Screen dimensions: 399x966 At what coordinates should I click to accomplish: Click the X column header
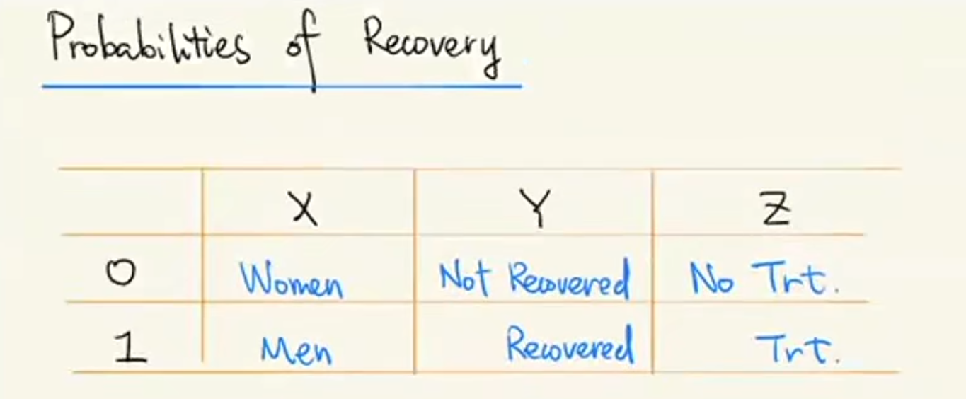click(x=304, y=209)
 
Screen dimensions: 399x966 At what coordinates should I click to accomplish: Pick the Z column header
click(x=776, y=209)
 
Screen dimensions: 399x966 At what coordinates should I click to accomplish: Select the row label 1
click(x=132, y=349)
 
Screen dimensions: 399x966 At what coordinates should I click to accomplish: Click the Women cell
click(x=291, y=280)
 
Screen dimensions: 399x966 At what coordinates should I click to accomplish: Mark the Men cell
click(x=297, y=349)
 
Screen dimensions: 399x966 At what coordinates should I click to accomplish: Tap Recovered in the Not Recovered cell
click(x=568, y=280)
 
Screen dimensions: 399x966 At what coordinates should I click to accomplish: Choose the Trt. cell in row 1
click(x=797, y=348)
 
